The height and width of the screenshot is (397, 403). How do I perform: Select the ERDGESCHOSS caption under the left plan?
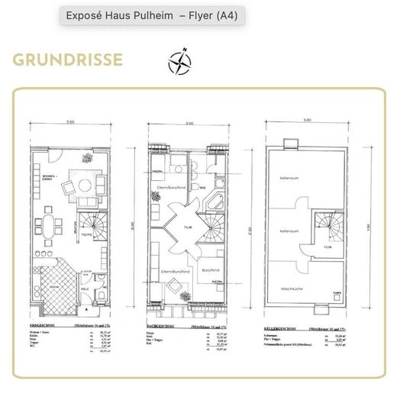click(x=42, y=326)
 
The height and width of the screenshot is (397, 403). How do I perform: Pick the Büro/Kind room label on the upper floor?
click(x=214, y=271)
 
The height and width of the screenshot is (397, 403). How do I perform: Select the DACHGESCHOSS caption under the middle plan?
click(x=163, y=326)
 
